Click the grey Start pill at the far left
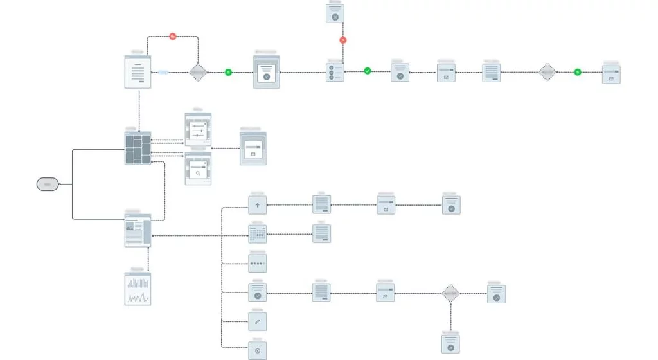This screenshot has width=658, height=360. (47, 184)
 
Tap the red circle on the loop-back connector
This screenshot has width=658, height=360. (173, 37)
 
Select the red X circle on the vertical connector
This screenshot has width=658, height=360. (343, 40)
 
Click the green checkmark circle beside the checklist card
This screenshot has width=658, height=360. (368, 71)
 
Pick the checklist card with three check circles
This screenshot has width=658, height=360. (335, 72)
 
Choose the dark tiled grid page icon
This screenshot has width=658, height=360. (138, 148)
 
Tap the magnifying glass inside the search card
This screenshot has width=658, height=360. (199, 172)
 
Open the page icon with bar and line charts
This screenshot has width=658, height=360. (138, 289)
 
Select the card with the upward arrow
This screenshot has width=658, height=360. (257, 205)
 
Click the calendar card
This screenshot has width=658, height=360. (257, 234)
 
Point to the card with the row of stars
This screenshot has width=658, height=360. (257, 264)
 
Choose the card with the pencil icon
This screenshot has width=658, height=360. (257, 321)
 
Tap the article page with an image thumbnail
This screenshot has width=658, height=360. (138, 231)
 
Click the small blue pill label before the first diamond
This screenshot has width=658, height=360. (163, 73)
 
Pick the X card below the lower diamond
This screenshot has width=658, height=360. (450, 345)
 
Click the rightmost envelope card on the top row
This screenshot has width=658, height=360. (611, 75)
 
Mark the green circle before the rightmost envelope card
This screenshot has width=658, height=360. (577, 72)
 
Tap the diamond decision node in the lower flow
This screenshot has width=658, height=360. (451, 294)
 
